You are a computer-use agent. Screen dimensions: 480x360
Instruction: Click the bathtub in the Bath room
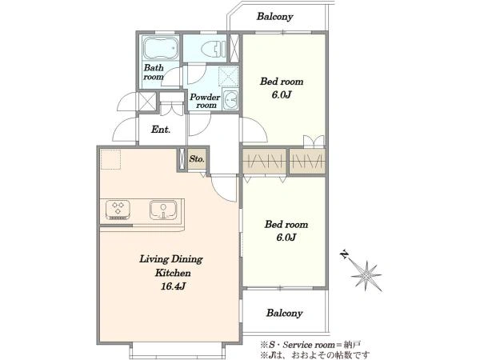[x=161, y=48]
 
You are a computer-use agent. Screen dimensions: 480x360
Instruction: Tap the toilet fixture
[x=214, y=48]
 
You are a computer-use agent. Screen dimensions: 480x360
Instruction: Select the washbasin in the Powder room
[x=230, y=99]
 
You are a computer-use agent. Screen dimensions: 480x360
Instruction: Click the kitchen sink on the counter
[x=163, y=210]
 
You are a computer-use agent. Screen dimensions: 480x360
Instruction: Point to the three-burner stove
[x=118, y=210]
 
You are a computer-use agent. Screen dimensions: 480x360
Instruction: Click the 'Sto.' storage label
[x=197, y=159]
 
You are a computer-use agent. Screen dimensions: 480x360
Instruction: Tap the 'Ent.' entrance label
[x=161, y=130]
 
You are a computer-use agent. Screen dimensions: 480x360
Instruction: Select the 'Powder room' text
[x=205, y=101]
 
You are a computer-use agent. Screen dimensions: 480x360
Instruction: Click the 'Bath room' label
[x=154, y=72]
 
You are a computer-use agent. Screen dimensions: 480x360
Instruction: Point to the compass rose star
[x=366, y=275]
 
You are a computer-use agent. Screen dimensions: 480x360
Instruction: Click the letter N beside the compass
[x=345, y=254]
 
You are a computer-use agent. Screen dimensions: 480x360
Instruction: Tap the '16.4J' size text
[x=174, y=286]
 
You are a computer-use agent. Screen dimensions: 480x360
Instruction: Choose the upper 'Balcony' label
[x=274, y=16]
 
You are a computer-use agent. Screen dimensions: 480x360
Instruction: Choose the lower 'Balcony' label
[x=284, y=313]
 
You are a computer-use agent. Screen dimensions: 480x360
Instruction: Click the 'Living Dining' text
[x=171, y=259]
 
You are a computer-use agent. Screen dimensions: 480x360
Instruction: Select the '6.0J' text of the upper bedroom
[x=282, y=94]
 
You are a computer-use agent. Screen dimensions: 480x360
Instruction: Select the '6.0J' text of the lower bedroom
[x=286, y=238]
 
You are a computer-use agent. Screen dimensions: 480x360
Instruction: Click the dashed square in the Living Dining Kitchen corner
[x=111, y=159]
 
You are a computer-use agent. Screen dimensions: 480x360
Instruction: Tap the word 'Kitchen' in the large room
[x=173, y=273]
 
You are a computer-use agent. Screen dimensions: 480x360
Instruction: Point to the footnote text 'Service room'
[x=309, y=345]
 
